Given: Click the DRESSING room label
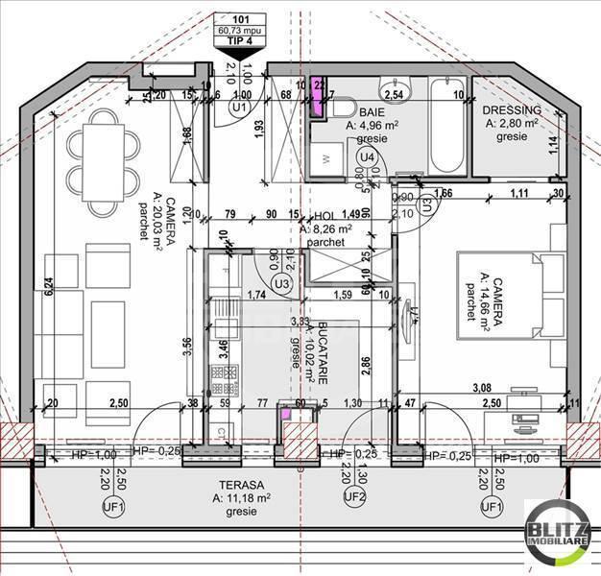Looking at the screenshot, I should tap(513, 111).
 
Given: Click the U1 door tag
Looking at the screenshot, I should tap(240, 109).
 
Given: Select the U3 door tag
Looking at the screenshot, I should tap(281, 284).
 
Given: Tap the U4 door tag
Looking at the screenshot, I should tap(366, 156).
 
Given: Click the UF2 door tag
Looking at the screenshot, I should tap(355, 497).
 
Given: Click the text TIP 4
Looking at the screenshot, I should tap(241, 41).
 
